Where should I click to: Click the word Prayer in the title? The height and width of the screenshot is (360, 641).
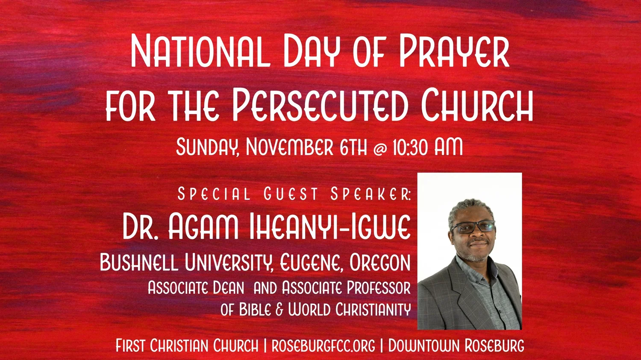[454, 51]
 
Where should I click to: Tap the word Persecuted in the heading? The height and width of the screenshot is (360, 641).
[320, 104]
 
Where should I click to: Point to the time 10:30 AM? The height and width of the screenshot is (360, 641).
[427, 147]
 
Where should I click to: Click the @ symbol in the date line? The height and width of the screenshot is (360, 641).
[380, 148]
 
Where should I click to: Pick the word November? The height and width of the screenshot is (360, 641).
[290, 147]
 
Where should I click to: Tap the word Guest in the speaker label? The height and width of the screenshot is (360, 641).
[291, 194]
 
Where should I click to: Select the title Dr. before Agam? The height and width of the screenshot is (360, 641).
[141, 226]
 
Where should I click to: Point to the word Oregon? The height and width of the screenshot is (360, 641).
[380, 263]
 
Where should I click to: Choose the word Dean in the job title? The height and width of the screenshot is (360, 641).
[228, 288]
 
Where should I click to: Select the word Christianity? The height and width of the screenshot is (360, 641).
[373, 310]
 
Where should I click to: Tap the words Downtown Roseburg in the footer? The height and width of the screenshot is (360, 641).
[456, 346]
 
